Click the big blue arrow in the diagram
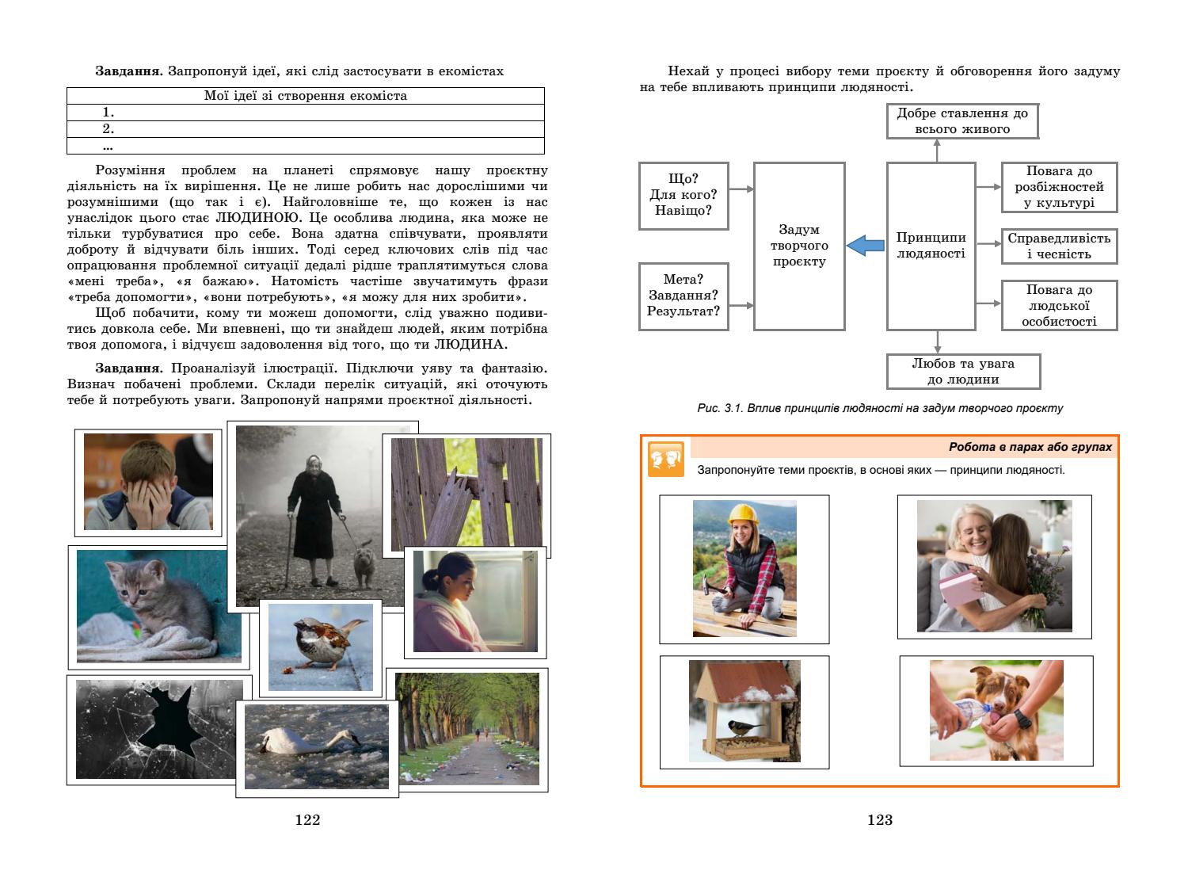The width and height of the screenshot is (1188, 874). (x=865, y=246)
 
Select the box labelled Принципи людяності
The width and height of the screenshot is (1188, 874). (x=931, y=246)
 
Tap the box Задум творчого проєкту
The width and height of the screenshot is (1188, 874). (x=799, y=246)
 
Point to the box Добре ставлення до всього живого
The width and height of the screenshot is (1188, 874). (x=961, y=121)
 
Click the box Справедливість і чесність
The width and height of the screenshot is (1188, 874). (x=1059, y=246)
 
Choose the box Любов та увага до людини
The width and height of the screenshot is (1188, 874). (x=962, y=371)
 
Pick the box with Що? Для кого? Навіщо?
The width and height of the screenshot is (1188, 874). (x=683, y=196)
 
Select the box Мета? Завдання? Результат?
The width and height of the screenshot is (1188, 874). (x=683, y=296)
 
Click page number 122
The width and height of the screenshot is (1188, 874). (x=307, y=820)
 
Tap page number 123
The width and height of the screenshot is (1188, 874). (x=880, y=820)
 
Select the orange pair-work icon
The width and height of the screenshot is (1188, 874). (x=665, y=459)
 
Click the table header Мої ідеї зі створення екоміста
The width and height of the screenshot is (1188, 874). (x=306, y=96)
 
